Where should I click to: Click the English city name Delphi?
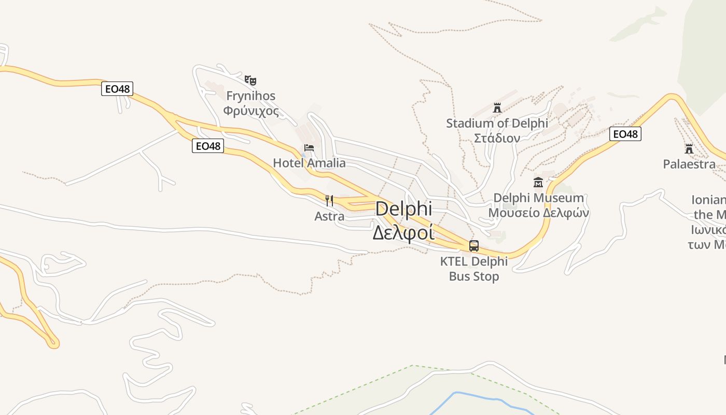(403, 209)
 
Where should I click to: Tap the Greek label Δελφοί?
(403, 233)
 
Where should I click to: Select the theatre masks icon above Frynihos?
(251, 80)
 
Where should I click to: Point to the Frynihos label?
(251, 96)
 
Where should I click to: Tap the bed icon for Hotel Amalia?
(309, 148)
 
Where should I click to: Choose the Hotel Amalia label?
(309, 163)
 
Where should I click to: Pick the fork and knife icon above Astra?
(329, 200)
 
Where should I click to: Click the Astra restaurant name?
(329, 216)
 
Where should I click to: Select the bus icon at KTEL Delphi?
(474, 246)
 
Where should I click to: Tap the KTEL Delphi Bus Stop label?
(474, 269)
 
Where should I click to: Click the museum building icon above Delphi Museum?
(538, 183)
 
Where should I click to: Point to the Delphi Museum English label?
(538, 198)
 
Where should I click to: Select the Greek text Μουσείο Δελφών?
(538, 213)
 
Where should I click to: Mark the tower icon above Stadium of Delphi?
(497, 108)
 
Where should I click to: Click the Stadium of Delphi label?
(497, 123)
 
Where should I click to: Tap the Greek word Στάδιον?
(497, 138)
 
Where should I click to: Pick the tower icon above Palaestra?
(689, 149)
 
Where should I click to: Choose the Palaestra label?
(689, 164)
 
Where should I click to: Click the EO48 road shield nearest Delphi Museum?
(625, 134)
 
